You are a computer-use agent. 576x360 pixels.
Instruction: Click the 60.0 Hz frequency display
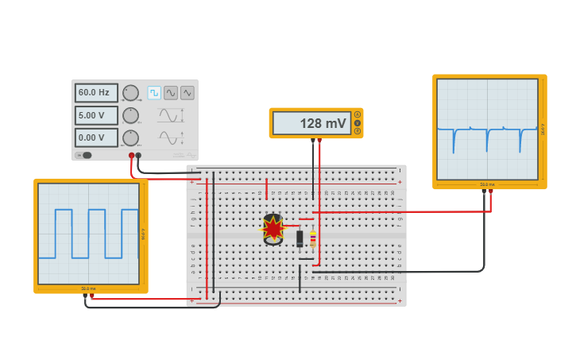coord(96,93)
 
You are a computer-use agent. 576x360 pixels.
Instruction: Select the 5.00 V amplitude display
coord(96,115)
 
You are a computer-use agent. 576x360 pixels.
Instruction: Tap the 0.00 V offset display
coord(96,137)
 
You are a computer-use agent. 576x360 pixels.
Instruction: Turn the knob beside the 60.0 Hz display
coord(130,93)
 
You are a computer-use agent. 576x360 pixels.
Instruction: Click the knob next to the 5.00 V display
coord(130,115)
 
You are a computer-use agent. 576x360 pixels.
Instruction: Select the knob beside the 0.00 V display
coord(130,137)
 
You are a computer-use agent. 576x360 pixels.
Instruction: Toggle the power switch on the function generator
coord(84,155)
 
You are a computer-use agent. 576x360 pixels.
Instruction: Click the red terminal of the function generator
coord(131,156)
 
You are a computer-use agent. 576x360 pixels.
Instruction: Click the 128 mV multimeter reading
coord(312,123)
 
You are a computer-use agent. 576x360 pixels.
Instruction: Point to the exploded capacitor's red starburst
coord(273,229)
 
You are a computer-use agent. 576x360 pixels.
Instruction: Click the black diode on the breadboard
coord(300,238)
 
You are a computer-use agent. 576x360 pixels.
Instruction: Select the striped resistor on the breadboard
coord(312,238)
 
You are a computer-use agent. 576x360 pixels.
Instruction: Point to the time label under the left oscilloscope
coord(88,288)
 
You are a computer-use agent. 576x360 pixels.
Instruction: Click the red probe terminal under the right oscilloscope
coord(490,192)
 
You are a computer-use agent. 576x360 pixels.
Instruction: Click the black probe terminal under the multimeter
coord(313,141)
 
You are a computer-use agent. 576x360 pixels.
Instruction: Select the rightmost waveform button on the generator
coord(187,93)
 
